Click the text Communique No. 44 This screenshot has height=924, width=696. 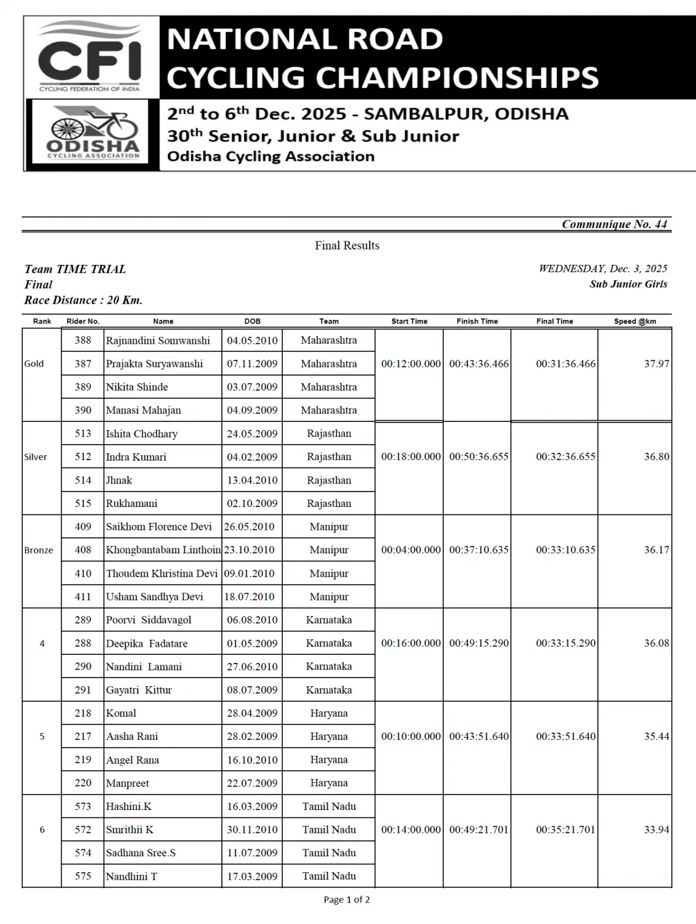point(614,224)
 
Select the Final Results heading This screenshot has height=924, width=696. point(347,245)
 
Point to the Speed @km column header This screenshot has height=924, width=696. point(635,321)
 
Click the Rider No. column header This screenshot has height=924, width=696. point(83,321)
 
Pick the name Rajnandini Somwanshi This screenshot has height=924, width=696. point(158,340)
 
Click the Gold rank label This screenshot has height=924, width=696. point(34,363)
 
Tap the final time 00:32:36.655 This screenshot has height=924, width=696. point(565,456)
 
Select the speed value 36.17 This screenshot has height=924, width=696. point(657,549)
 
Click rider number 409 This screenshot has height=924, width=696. point(83,527)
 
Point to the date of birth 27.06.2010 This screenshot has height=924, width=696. point(252,667)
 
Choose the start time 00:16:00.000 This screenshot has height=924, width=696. point(411,643)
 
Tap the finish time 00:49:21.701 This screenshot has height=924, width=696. point(478,830)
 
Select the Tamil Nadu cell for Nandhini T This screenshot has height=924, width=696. point(329,876)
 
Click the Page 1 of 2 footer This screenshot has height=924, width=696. point(347,900)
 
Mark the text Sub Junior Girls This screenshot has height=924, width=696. point(628,284)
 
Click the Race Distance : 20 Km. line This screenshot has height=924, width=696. point(83,300)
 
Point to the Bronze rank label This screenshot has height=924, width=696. point(38,550)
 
